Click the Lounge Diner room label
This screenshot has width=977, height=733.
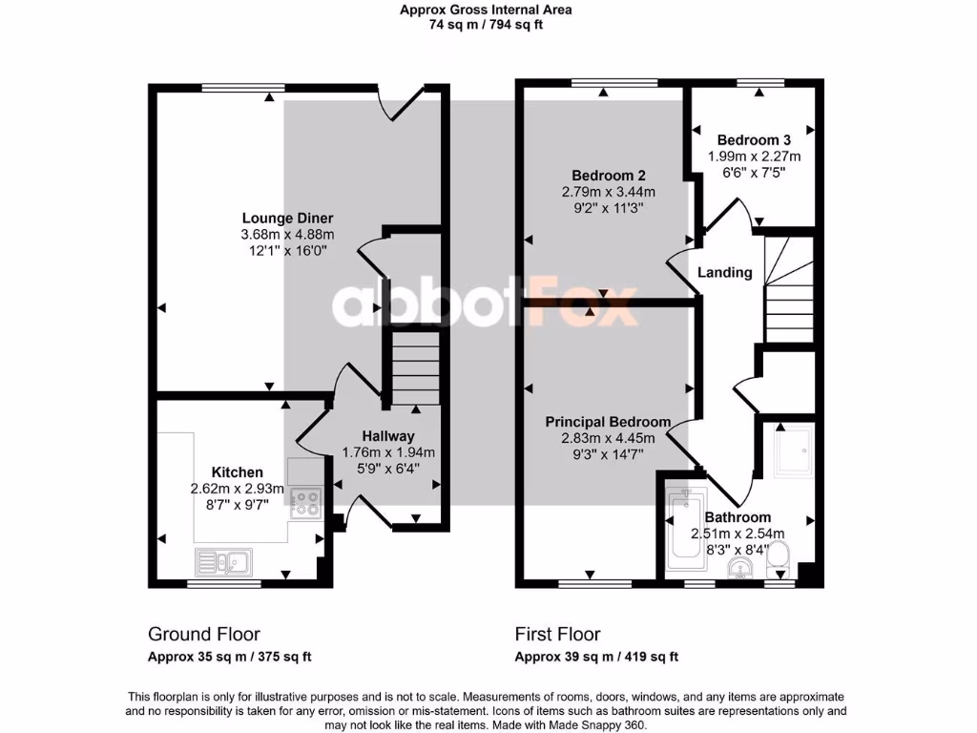point(287,218)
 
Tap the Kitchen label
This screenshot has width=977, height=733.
point(238,472)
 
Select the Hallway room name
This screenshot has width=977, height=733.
point(387,436)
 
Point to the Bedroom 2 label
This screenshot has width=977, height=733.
point(609,176)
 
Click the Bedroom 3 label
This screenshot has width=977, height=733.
point(754,139)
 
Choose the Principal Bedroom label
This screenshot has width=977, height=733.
point(608,422)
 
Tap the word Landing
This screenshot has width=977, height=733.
point(725,272)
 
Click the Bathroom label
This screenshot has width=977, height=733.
point(739,517)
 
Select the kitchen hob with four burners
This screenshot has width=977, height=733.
point(306,502)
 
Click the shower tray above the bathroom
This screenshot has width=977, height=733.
point(793,450)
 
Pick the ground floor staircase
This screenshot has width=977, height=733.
point(412,368)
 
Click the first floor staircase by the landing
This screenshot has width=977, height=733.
point(788,291)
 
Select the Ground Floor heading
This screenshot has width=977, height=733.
point(204,634)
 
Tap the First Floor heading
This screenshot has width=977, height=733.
point(558,634)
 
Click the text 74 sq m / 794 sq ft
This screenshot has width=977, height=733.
point(486,26)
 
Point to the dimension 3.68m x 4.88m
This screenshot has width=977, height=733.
point(287,235)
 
